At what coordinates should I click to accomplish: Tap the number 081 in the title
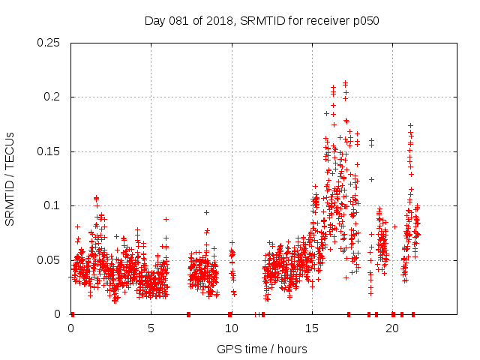click(178, 21)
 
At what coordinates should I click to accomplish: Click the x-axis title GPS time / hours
click(262, 349)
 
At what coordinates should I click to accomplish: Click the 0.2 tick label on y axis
click(55, 97)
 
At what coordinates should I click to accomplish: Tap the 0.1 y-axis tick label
click(55, 205)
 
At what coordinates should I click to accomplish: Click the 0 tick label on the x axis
click(71, 328)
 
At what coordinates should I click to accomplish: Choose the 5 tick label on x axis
click(151, 328)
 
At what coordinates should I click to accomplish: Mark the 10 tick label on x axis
click(232, 328)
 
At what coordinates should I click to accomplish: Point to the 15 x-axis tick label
click(312, 328)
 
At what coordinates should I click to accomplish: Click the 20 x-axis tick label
click(392, 328)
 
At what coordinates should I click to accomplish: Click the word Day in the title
click(154, 21)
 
